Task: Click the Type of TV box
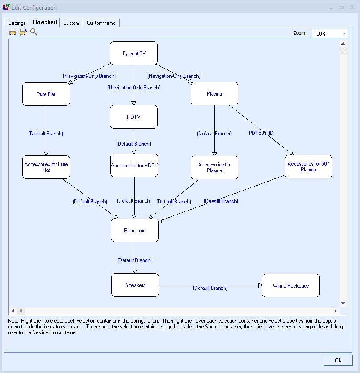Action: pyautogui.click(x=134, y=53)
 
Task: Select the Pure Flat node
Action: pyautogui.click(x=46, y=94)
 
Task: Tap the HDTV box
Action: pyautogui.click(x=134, y=117)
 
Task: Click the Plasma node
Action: pyautogui.click(x=214, y=94)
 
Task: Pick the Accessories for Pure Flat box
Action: pyautogui.click(x=46, y=167)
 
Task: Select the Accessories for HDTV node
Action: pyautogui.click(x=134, y=166)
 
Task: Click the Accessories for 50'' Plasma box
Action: pyautogui.click(x=308, y=166)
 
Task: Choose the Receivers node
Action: pyautogui.click(x=135, y=231)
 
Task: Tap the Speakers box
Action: pyautogui.click(x=135, y=285)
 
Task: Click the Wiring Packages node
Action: pyautogui.click(x=290, y=286)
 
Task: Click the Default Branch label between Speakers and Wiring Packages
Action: pyautogui.click(x=210, y=288)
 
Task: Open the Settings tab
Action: pyautogui.click(x=17, y=23)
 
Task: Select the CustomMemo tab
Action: pyautogui.click(x=101, y=23)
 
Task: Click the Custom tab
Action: pyautogui.click(x=71, y=23)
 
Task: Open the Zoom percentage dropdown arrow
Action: pyautogui.click(x=344, y=33)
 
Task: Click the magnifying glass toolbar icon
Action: pyautogui.click(x=34, y=32)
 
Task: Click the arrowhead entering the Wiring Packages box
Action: pyautogui.click(x=260, y=285)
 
